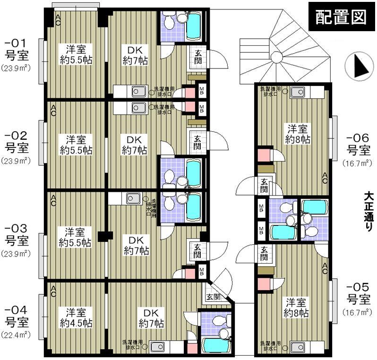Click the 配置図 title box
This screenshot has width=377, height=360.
tap(341, 17)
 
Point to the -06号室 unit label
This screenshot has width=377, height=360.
tap(358, 145)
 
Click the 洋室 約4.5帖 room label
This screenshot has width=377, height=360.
tap(76, 317)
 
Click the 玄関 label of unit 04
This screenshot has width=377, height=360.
tap(213, 297)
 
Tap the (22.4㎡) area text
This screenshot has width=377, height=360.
tap(16, 336)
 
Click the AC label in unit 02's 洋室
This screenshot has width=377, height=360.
tap(53, 110)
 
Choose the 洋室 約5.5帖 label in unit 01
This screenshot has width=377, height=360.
tap(75, 54)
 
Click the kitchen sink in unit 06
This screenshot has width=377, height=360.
tap(298, 91)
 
